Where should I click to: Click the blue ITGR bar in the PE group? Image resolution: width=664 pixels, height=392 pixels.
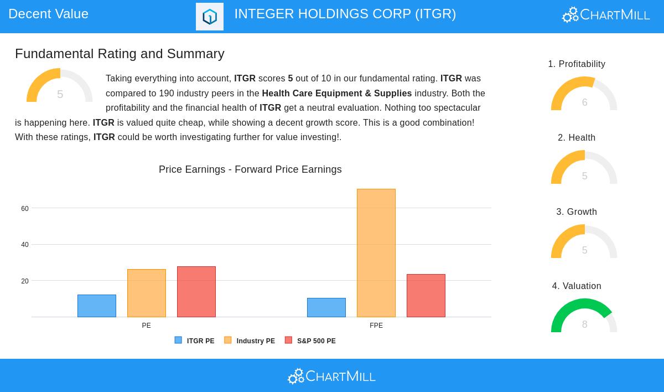(97, 306)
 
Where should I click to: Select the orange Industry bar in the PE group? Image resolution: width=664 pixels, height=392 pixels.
(147, 293)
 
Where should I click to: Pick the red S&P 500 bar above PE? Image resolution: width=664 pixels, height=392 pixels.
(196, 292)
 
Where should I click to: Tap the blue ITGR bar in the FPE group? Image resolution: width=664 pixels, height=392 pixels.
(326, 307)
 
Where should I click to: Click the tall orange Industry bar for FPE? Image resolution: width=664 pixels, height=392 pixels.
(376, 253)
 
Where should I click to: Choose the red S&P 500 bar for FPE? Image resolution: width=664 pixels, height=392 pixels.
(426, 296)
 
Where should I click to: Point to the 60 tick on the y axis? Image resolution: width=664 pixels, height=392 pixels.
(25, 209)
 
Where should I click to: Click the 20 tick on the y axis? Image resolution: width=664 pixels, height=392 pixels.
(25, 281)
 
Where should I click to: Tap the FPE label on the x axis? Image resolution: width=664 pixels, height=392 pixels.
(376, 326)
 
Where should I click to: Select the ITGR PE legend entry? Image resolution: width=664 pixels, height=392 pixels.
(195, 341)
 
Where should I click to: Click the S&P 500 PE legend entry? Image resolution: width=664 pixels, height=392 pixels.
(310, 341)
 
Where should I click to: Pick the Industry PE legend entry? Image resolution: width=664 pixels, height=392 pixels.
(250, 341)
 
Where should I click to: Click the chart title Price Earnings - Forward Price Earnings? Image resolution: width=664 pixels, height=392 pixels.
(250, 169)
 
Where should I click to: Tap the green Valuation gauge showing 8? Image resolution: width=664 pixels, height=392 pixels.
(584, 316)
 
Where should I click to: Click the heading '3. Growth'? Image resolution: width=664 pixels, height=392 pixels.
(577, 212)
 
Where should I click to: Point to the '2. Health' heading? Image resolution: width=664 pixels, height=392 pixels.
(577, 138)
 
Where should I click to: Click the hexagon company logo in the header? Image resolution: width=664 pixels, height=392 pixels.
(210, 17)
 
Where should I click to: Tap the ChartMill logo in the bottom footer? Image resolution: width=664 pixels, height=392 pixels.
(331, 376)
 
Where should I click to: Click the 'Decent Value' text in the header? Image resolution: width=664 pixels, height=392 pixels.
(49, 14)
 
